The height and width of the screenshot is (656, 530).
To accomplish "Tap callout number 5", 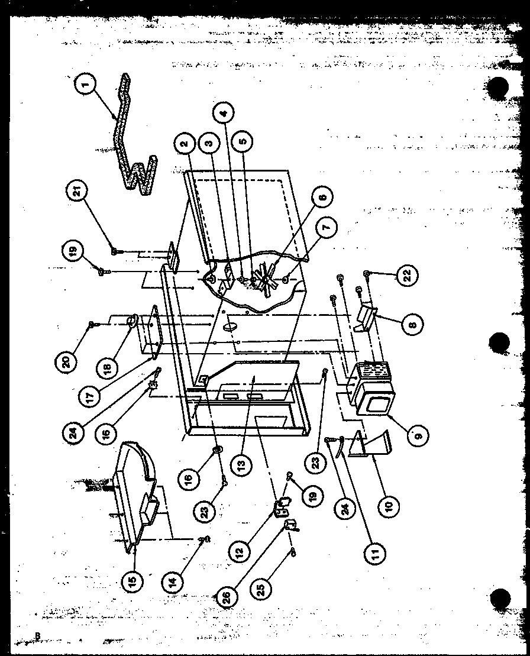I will pyautogui.click(x=244, y=142).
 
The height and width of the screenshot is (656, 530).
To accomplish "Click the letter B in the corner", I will pyautogui.click(x=37, y=636).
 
